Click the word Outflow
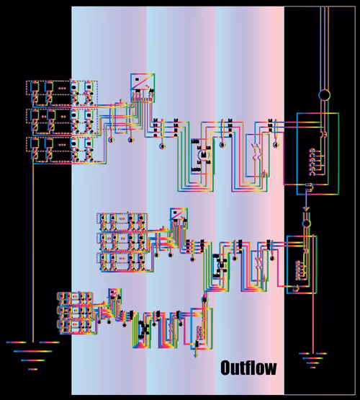point(248,368)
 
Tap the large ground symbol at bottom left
point(33,355)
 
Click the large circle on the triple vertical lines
point(324,95)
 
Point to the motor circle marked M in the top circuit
point(204,154)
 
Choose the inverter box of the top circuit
point(143,88)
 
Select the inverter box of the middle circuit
point(179,218)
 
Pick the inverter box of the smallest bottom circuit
point(115,295)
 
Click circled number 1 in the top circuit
point(112,140)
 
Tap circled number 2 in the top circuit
point(131,140)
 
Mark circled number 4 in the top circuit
point(276,145)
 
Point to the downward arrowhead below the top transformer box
point(306,209)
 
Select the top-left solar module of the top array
point(35,86)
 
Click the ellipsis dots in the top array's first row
point(62,88)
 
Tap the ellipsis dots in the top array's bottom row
point(62,145)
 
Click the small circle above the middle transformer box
point(307,223)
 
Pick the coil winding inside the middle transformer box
point(298,270)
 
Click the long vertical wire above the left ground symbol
point(33,252)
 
